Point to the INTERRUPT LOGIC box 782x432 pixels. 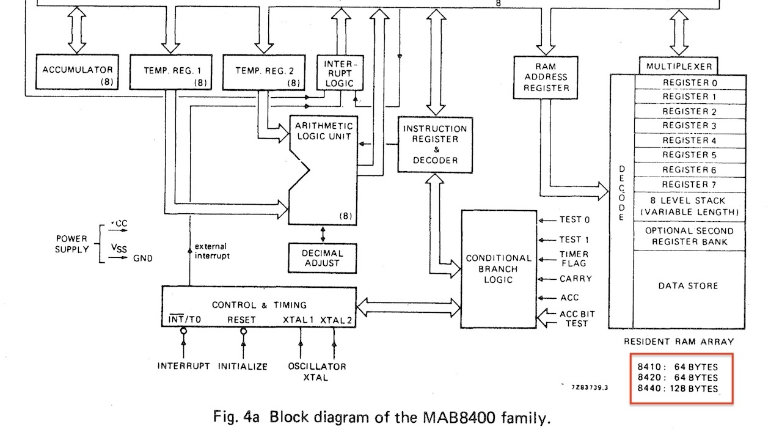pyautogui.click(x=338, y=73)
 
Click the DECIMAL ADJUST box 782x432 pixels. pyautogui.click(x=323, y=258)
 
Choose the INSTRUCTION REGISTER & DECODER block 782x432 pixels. pyautogui.click(x=434, y=144)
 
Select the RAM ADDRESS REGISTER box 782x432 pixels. pyautogui.click(x=541, y=77)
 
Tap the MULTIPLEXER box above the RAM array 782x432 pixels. pyautogui.click(x=678, y=66)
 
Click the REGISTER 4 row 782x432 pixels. pyautogui.click(x=690, y=140)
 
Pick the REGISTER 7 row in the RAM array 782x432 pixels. pyautogui.click(x=690, y=184)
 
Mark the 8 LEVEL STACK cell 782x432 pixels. pyautogui.click(x=690, y=207)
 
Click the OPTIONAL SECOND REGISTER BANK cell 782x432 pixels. pyautogui.click(x=690, y=236)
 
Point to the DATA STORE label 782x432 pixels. pyautogui.click(x=689, y=286)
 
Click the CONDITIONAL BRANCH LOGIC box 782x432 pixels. pyautogui.click(x=499, y=269)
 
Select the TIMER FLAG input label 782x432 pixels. pyautogui.click(x=574, y=258)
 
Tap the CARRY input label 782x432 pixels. pyautogui.click(x=576, y=279)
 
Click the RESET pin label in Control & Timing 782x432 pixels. pyautogui.click(x=241, y=320)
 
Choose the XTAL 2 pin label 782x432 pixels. pyautogui.click(x=336, y=320)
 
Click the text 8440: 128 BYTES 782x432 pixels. pyautogui.click(x=678, y=389)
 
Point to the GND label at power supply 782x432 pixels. pyautogui.click(x=143, y=258)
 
